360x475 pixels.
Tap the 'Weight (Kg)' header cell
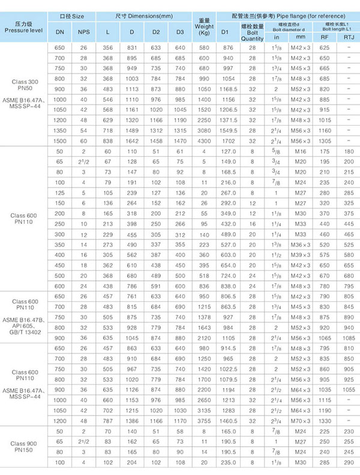[203, 28]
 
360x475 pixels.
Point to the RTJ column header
[347, 37]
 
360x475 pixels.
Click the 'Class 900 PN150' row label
[24, 445]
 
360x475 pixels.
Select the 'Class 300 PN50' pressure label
[24, 85]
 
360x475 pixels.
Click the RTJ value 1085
[347, 339]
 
